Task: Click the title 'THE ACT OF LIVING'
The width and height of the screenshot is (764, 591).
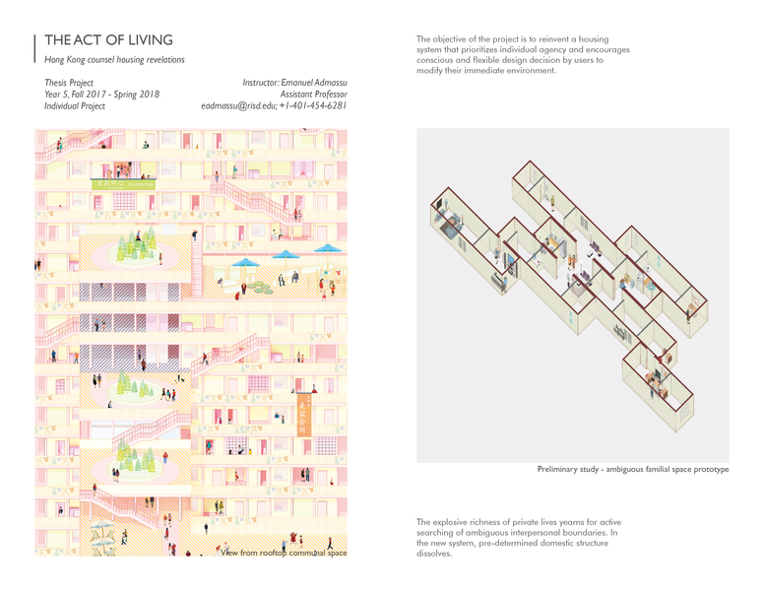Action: coord(108,40)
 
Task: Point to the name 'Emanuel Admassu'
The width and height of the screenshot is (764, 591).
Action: coord(315,83)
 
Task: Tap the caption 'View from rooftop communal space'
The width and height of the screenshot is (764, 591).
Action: coord(285,554)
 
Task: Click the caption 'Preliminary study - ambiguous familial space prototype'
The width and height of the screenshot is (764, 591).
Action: coord(633,469)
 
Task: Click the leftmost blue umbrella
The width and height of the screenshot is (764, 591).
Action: coord(242,263)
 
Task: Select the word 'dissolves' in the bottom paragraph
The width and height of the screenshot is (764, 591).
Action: coord(434,554)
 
